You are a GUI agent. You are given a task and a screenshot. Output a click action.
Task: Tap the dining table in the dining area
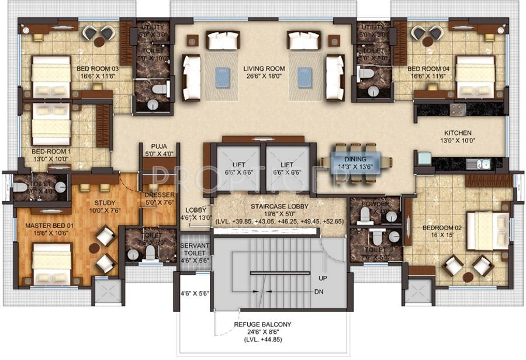point(352,160)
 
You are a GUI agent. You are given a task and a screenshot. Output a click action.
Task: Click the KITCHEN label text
point(458,133)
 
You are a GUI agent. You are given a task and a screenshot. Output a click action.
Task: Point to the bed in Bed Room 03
point(51,77)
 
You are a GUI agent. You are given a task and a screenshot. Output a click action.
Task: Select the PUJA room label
point(159,147)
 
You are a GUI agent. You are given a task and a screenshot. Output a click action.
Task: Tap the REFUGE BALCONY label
point(262,324)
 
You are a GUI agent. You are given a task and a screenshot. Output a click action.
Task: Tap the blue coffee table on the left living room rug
point(221,77)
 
